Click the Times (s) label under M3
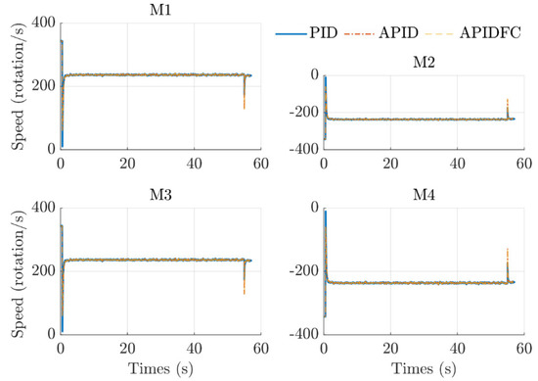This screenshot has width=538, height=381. pyautogui.click(x=160, y=367)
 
